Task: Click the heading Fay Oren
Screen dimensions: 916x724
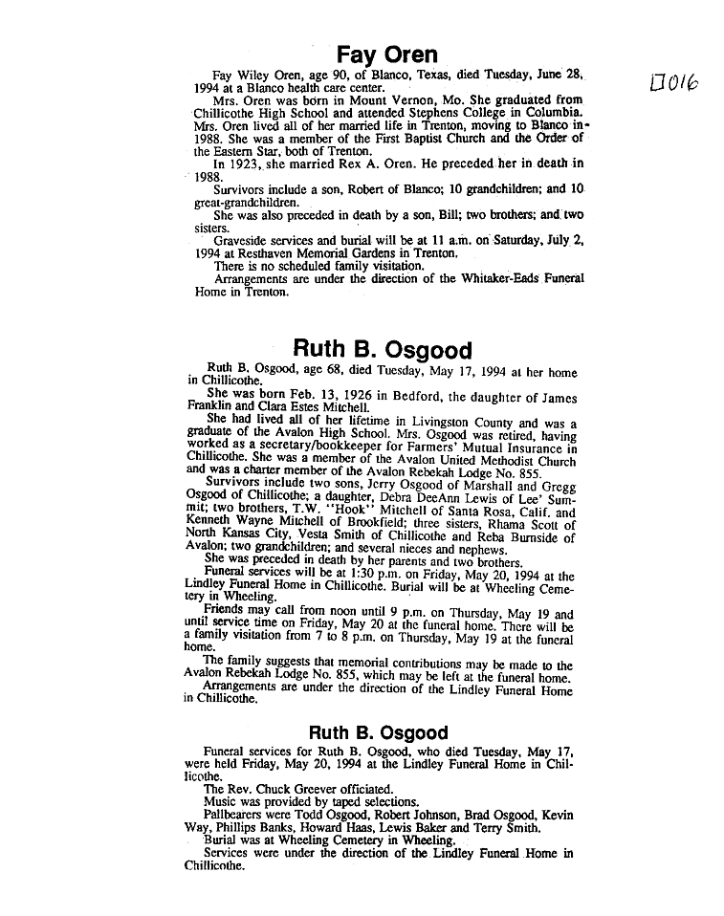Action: [387, 55]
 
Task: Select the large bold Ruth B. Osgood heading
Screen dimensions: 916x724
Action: [382, 349]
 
